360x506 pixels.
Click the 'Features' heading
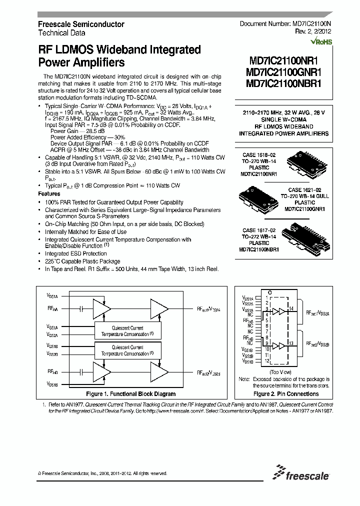point(49,193)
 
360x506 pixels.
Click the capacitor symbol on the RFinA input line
point(78,310)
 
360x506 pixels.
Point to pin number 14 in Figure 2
point(291,309)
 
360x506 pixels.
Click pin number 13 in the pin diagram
point(291,344)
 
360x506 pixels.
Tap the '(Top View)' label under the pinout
point(280,372)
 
